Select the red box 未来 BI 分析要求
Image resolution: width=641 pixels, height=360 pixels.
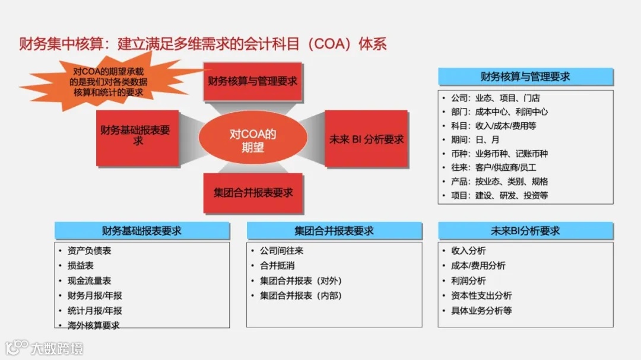tap(366, 139)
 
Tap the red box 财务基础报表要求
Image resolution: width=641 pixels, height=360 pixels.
tap(137, 136)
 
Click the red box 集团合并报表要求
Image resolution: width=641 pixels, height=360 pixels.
tap(253, 193)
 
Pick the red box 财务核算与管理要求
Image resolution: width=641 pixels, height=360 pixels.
tap(253, 81)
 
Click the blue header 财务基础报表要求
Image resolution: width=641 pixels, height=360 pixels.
tap(142, 231)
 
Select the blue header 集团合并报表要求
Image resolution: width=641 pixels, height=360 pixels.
tap(334, 231)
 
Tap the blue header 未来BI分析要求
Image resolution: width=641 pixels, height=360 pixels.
tap(526, 231)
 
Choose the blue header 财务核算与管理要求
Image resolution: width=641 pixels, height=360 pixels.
tap(526, 77)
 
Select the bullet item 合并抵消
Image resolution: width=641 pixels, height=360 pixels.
tap(277, 266)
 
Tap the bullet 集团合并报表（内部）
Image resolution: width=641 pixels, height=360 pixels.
tap(301, 295)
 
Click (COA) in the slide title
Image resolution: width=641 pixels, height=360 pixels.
tap(332, 44)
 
